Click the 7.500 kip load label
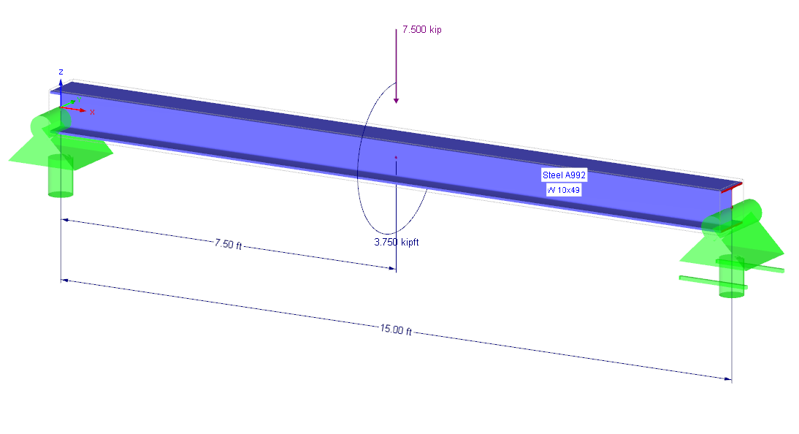pos(422,30)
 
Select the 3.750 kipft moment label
pos(396,242)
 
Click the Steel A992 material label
pos(564,175)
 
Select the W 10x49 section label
pos(564,190)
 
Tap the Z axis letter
pos(61,72)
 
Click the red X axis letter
pos(92,113)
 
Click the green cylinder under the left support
pos(60,175)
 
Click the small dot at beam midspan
pos(396,157)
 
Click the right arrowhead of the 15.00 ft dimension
pos(727,378)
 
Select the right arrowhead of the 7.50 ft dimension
pos(392,268)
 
